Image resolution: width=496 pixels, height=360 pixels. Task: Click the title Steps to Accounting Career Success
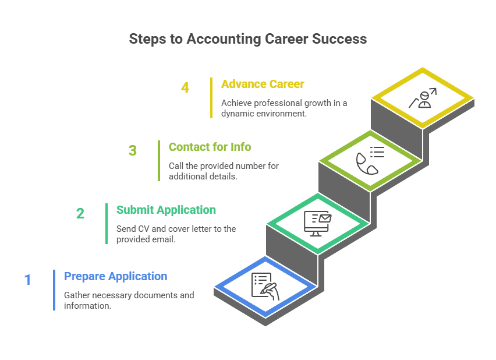point(247,39)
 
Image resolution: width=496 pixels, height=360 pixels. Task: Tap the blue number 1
point(27,280)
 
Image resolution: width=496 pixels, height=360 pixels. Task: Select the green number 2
point(80,213)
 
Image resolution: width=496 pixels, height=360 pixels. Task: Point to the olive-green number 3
point(133,150)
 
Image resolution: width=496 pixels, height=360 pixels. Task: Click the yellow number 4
point(185,88)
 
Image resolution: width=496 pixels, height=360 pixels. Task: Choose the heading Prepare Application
point(115,276)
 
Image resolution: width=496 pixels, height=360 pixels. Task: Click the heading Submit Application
point(166,210)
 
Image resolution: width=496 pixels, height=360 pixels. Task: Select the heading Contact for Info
point(210,147)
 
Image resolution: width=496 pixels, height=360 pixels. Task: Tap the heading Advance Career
point(263,84)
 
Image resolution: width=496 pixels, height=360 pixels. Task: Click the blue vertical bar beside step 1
point(54,290)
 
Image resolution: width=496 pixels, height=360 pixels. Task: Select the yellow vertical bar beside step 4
point(211,97)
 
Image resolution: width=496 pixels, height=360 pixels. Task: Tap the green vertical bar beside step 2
point(107,223)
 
